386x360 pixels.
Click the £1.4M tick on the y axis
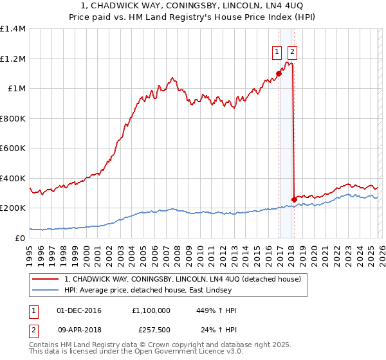click(13, 29)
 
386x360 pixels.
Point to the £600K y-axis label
click(13, 148)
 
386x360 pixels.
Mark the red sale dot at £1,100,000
click(279, 73)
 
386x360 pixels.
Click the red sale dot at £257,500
click(294, 199)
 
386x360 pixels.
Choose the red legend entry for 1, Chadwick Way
click(187, 279)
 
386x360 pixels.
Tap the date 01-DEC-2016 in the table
click(82, 310)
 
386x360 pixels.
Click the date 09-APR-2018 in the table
click(82, 330)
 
